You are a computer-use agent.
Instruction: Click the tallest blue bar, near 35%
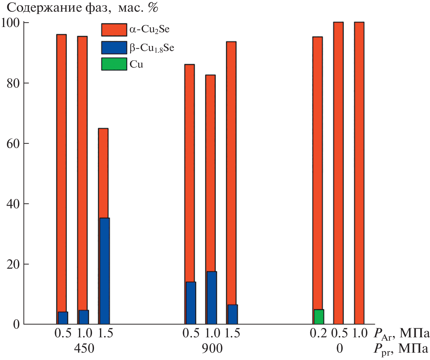click(x=104, y=271)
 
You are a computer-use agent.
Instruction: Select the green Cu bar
click(x=319, y=317)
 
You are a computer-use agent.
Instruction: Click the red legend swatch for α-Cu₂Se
click(x=114, y=30)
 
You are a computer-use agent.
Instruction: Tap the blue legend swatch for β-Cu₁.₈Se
click(x=114, y=47)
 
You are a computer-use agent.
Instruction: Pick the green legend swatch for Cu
click(x=114, y=64)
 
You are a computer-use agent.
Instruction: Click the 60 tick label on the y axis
click(x=13, y=143)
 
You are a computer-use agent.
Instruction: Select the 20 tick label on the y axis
click(x=13, y=264)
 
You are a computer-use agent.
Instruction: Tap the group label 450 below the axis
click(x=84, y=349)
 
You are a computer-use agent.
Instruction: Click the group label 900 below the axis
click(x=212, y=349)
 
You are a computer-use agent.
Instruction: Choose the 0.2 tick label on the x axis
click(x=318, y=333)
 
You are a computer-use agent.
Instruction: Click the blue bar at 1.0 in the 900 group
click(x=212, y=298)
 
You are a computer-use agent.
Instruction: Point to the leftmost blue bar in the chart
click(x=63, y=318)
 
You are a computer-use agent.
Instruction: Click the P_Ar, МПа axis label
click(x=402, y=333)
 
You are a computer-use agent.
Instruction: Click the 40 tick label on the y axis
click(x=13, y=204)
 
